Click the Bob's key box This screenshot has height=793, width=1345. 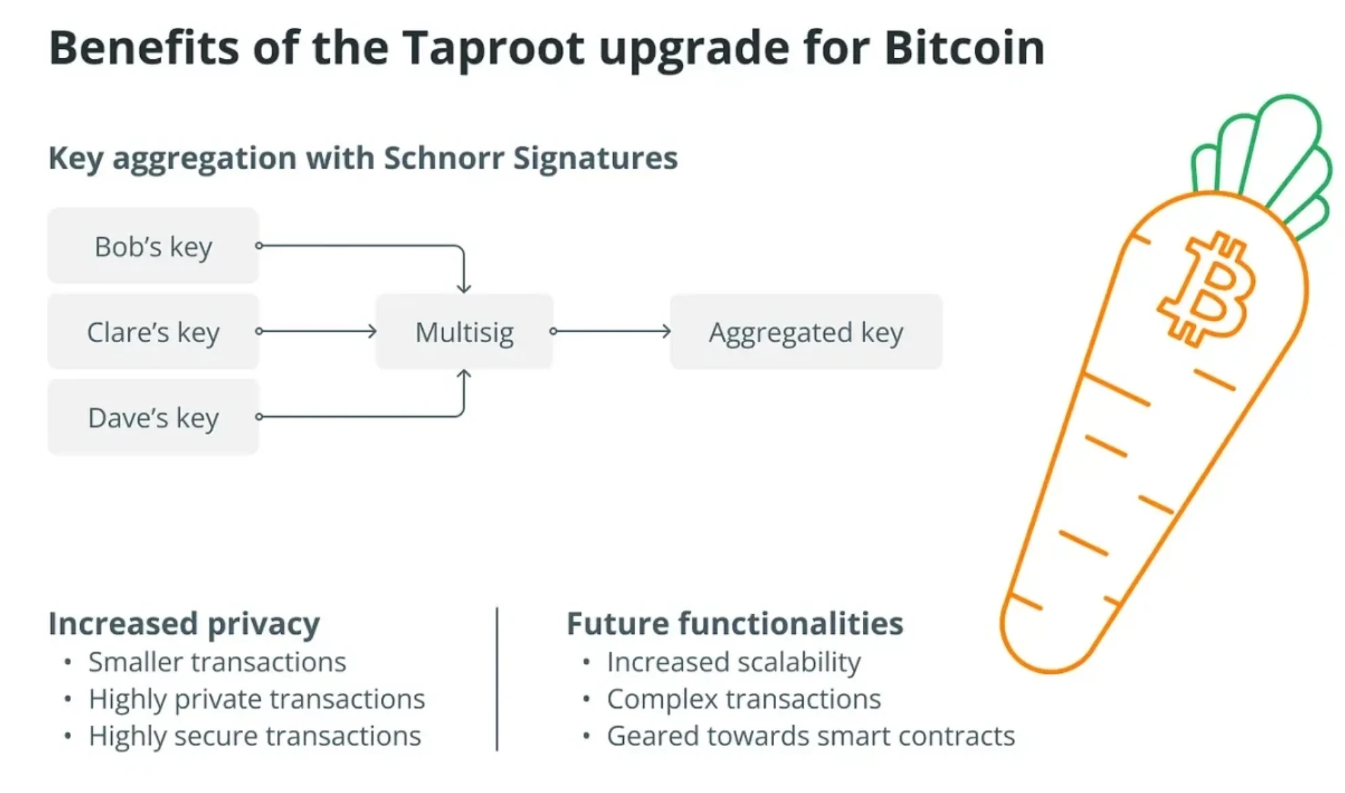coord(153,246)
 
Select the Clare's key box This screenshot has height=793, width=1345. coord(153,331)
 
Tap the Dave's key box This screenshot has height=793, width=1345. coord(153,418)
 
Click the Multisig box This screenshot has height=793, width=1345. coord(464,331)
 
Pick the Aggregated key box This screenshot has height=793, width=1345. coord(805,331)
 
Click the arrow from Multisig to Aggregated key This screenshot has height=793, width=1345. coord(612,331)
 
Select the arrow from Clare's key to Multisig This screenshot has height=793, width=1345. coord(317,331)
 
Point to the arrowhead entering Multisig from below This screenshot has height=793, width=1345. coord(464,375)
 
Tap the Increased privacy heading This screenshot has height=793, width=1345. coord(184,624)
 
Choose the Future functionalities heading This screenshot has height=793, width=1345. coord(735,624)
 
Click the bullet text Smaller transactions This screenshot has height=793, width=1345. coord(217,662)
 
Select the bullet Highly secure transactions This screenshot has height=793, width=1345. coord(255,735)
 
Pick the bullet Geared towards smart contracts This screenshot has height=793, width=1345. coord(811,735)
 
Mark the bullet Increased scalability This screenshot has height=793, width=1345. coord(733,662)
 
